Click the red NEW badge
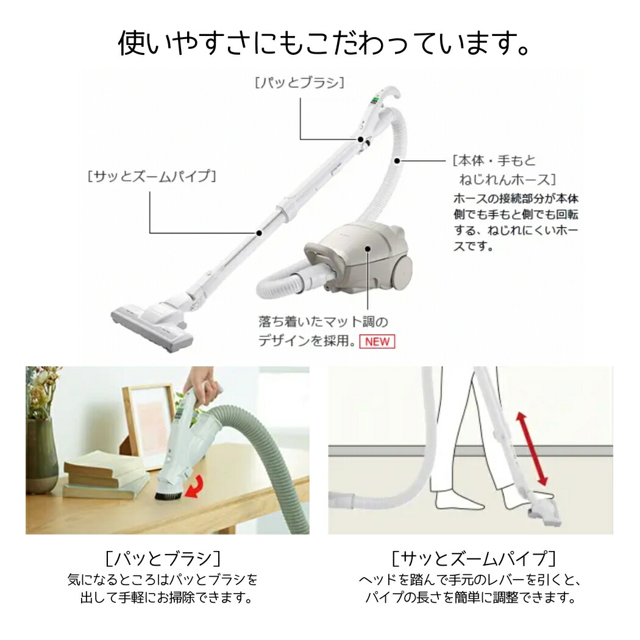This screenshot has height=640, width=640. click(377, 341)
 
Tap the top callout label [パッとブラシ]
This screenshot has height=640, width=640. click(299, 82)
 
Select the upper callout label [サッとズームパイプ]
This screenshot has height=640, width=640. click(152, 177)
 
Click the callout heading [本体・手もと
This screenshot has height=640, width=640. click(494, 161)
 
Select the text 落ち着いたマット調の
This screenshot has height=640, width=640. click(323, 321)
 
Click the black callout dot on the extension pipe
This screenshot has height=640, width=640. click(259, 232)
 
